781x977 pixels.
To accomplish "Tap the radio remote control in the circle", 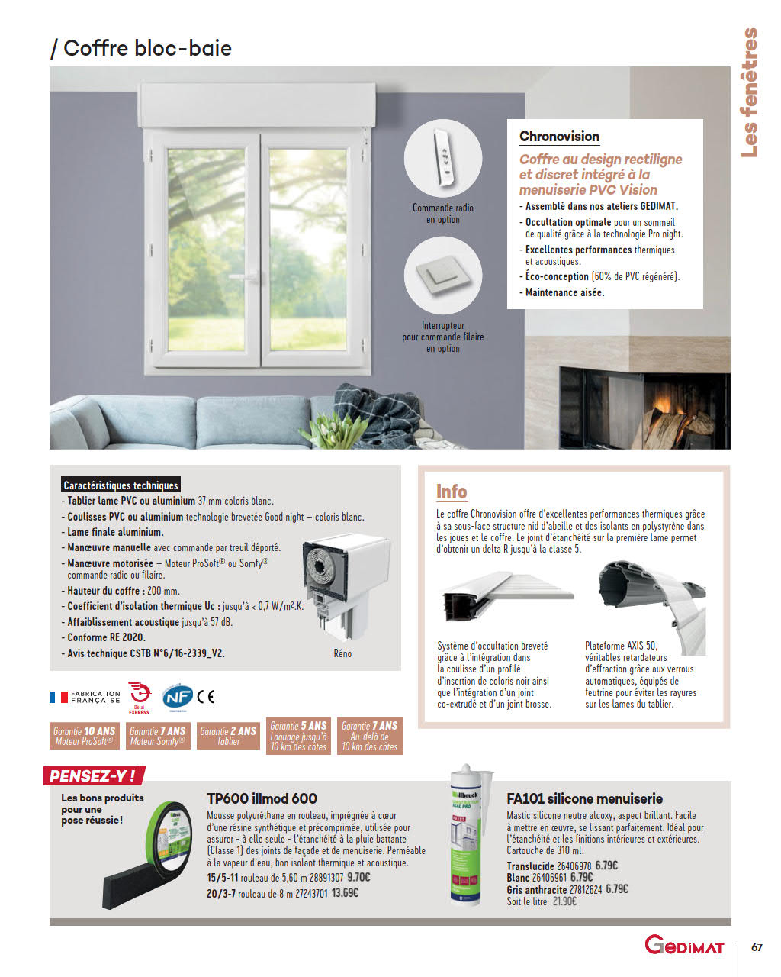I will [442, 159].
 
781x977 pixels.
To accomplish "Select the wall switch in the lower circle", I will [442, 275].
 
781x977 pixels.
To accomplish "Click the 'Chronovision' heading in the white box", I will [559, 137].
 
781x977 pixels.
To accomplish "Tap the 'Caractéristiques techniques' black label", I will [121, 485].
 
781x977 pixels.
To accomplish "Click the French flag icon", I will [59, 697].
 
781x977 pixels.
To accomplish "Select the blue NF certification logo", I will [177, 696].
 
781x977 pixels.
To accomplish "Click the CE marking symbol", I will [206, 696].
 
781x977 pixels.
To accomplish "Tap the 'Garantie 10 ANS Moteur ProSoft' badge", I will [84, 736].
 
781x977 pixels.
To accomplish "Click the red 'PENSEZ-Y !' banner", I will [93, 776].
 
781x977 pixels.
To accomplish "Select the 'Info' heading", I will [452, 492].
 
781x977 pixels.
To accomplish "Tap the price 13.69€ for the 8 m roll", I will [345, 893].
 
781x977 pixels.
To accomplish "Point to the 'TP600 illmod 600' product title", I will [262, 798].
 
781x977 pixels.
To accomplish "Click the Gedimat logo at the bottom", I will [683, 946].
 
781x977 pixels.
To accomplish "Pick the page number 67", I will [757, 947].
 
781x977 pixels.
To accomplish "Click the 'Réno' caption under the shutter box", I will [342, 653].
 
